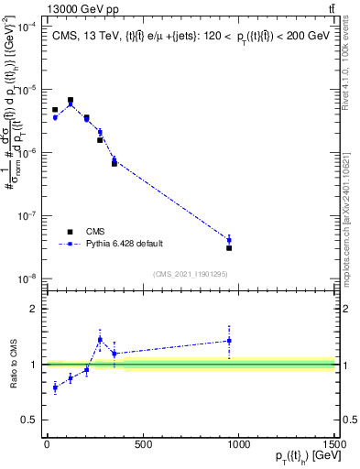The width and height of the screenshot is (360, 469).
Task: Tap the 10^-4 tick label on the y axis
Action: pyautogui.click(x=27, y=28)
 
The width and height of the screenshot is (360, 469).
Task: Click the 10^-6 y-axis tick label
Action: pyautogui.click(x=27, y=153)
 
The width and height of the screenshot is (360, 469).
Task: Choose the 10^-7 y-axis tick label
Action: pyautogui.click(x=27, y=216)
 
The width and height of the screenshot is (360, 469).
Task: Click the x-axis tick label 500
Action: pyautogui.click(x=142, y=444)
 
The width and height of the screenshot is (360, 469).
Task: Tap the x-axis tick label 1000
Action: pyautogui.click(x=238, y=444)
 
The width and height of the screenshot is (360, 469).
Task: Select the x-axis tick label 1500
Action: pyautogui.click(x=333, y=444)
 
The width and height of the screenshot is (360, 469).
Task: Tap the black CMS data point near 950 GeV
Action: pyautogui.click(x=229, y=248)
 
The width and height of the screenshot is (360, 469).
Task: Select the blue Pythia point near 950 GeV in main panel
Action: pyautogui.click(x=229, y=240)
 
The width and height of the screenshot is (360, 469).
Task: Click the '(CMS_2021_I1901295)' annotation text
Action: pyautogui.click(x=191, y=274)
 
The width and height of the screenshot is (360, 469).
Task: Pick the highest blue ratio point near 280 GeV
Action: pyautogui.click(x=100, y=340)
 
